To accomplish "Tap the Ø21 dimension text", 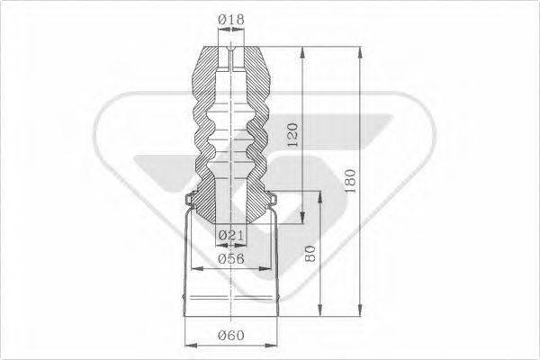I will pyautogui.click(x=231, y=235).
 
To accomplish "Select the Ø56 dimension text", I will pyautogui.click(x=230, y=259).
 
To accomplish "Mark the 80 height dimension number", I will pyautogui.click(x=310, y=255).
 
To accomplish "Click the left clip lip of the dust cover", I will pyautogui.click(x=187, y=200).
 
